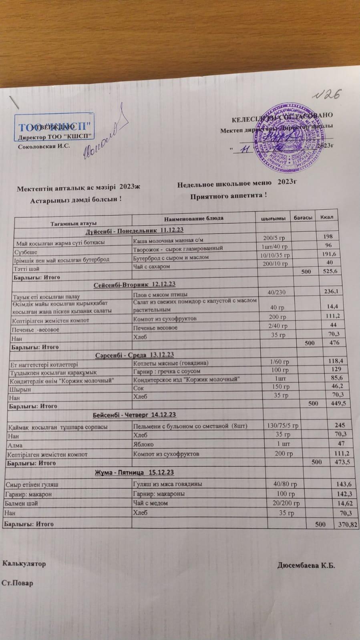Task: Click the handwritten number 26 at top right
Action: point(330,94)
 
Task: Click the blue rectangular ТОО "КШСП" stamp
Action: point(55,127)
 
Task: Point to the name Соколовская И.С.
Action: point(44,146)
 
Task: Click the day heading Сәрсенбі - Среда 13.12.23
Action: point(135,355)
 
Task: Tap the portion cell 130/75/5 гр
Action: point(282,425)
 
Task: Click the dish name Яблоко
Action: point(143,444)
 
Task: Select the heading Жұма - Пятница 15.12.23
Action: point(134,473)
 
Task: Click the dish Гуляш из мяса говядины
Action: point(167,484)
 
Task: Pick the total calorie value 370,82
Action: point(347,524)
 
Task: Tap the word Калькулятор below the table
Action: point(24,564)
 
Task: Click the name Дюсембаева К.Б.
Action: point(306,566)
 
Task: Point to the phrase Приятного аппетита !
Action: point(228,196)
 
